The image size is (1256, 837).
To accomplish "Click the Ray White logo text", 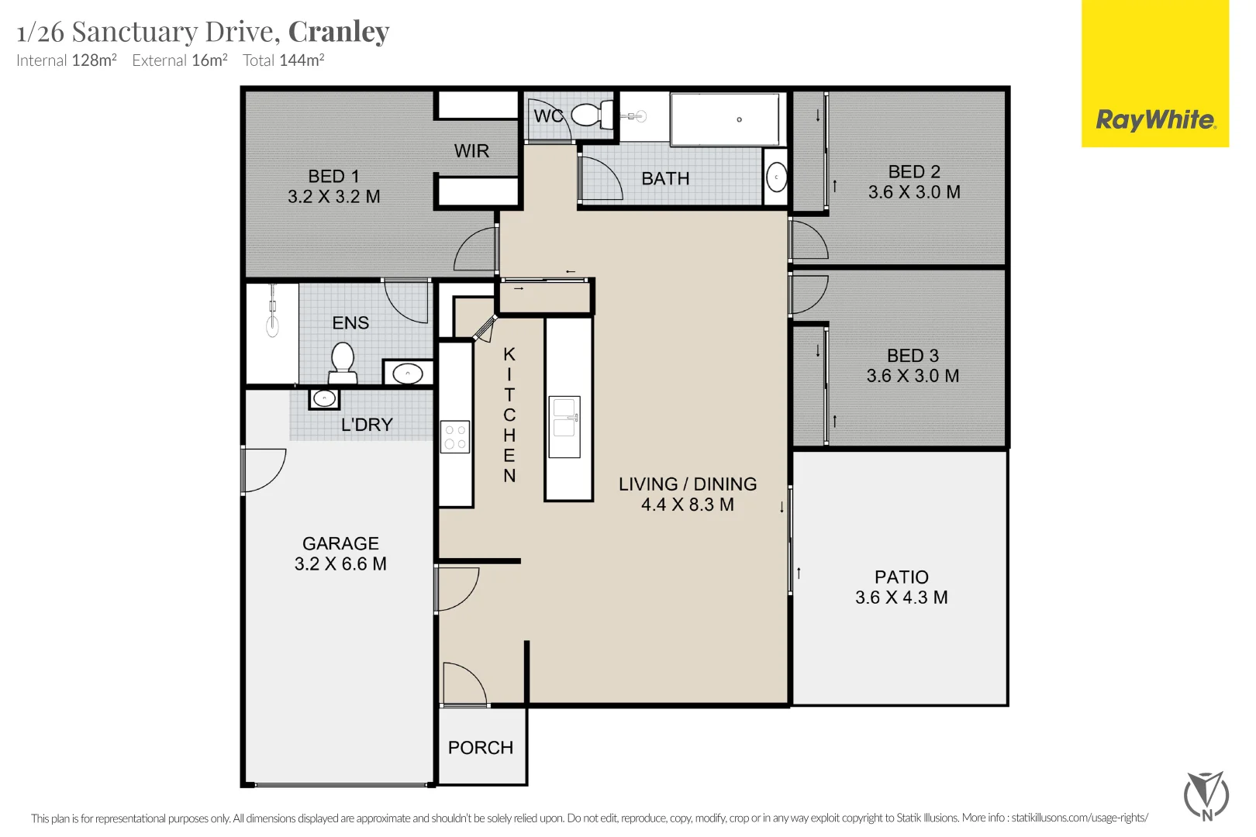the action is (x=1156, y=120).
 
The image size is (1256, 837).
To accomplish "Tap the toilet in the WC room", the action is (x=592, y=115).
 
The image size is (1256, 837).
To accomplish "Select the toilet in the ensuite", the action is (x=343, y=363).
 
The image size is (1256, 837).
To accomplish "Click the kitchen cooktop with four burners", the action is (x=455, y=437).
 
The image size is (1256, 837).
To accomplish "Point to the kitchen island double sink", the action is (x=564, y=426).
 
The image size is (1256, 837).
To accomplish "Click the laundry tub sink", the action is (x=324, y=398).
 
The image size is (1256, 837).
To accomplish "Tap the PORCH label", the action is (x=481, y=747).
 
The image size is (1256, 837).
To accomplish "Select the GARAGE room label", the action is (x=340, y=543).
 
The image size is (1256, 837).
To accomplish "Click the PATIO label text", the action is (x=902, y=577).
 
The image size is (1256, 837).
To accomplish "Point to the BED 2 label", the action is (x=914, y=171).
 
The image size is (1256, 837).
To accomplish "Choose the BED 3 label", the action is (x=913, y=356).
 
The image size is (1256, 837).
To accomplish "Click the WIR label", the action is (x=471, y=151).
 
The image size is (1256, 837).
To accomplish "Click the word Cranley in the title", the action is (x=339, y=32).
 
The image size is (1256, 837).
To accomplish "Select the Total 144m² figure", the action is (x=284, y=60).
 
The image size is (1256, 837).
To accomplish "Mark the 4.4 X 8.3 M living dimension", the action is (x=688, y=505).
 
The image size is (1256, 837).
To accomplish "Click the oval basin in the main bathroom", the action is (x=776, y=177).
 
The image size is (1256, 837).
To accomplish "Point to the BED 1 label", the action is (x=333, y=176).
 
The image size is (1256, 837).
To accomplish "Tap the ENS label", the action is (x=350, y=323).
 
